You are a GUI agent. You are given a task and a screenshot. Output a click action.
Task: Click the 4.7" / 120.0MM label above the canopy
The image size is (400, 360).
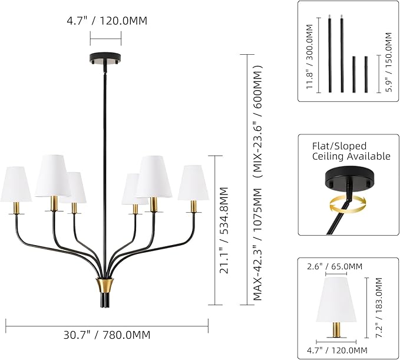pyautogui.click(x=105, y=21)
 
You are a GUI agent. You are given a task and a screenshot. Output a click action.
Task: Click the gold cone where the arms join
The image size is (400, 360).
pyautogui.click(x=104, y=286)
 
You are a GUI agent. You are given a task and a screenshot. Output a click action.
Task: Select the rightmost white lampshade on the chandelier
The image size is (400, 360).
pyautogui.click(x=193, y=182)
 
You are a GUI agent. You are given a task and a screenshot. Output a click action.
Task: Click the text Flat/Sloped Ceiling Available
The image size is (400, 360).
pyautogui.click(x=351, y=151)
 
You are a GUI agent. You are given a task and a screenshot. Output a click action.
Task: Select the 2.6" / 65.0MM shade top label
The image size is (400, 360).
pyautogui.click(x=335, y=267)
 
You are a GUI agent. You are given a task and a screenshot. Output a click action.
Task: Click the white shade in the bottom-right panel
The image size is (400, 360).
pyautogui.click(x=336, y=299)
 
